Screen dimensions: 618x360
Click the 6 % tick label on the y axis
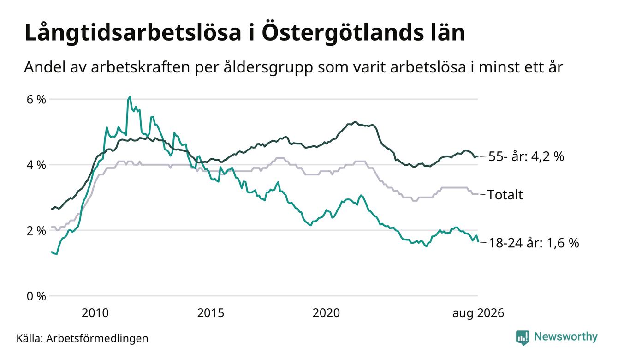click(x=36, y=100)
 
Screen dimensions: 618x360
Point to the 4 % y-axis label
click(x=36, y=165)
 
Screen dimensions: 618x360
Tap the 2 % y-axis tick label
click(x=36, y=231)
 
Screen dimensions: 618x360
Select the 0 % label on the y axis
click(x=36, y=296)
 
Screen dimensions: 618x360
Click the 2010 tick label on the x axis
click(x=95, y=313)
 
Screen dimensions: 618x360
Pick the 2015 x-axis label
click(x=211, y=313)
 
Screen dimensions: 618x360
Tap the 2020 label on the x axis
click(x=326, y=313)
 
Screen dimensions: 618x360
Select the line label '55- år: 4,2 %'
click(x=526, y=156)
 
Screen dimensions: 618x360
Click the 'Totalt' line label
click(x=505, y=195)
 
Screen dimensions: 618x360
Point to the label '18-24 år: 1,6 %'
click(x=534, y=243)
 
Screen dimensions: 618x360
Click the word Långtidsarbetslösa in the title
click(x=133, y=33)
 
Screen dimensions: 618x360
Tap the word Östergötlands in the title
click(x=342, y=33)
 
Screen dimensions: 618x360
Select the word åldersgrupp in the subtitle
click(x=268, y=67)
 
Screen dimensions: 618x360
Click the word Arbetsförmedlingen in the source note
click(x=97, y=339)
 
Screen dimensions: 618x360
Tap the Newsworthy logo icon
click(x=523, y=338)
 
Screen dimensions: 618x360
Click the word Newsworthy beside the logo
click(x=566, y=337)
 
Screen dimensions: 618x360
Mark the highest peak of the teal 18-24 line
click(x=130, y=96)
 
